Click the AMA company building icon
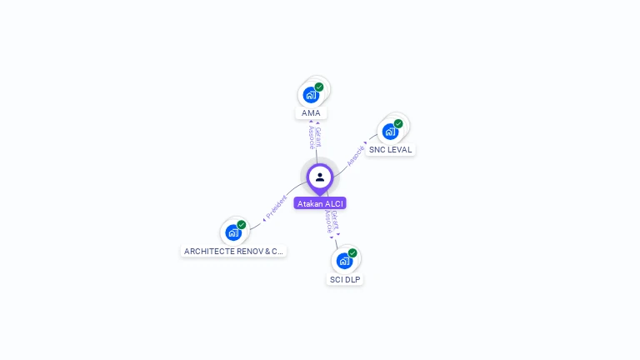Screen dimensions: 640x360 (x=311, y=94)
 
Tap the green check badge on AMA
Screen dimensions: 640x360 (x=319, y=87)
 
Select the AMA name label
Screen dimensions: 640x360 (x=311, y=113)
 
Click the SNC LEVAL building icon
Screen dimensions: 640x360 (x=390, y=131)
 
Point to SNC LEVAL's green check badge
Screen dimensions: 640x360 (x=398, y=123)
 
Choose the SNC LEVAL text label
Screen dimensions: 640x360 (x=390, y=150)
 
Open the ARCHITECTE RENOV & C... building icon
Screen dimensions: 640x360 (x=233, y=232)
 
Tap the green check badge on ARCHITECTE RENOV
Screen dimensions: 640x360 (x=242, y=225)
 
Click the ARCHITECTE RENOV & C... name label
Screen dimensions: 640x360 (x=233, y=251)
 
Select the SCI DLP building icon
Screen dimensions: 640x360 (x=344, y=261)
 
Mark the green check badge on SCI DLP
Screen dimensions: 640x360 (x=352, y=253)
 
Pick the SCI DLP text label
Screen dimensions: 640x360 (x=344, y=280)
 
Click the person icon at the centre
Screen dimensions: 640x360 (x=320, y=177)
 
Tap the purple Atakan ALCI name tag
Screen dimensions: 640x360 (x=320, y=203)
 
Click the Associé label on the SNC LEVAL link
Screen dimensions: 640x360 (x=356, y=155)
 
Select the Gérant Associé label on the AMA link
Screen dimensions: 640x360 (x=314, y=137)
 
